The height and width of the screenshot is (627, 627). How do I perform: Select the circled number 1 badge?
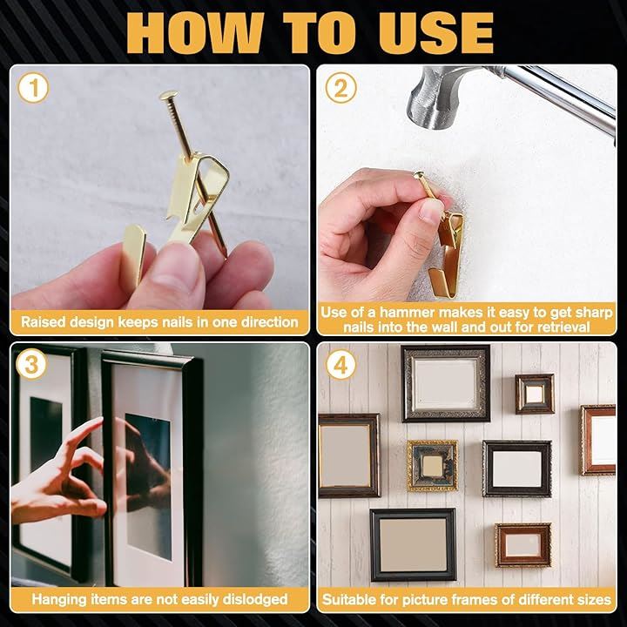coord(33,88)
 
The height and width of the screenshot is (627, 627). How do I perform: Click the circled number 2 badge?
coord(340,88)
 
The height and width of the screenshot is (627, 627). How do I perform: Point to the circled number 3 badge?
coord(31,364)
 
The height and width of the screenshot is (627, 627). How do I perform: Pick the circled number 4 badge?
coord(340,364)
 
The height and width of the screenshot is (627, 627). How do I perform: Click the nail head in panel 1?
coord(169,95)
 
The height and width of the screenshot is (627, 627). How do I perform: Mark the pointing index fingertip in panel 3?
coord(99,420)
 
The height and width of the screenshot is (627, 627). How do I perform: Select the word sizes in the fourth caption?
coord(595,599)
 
